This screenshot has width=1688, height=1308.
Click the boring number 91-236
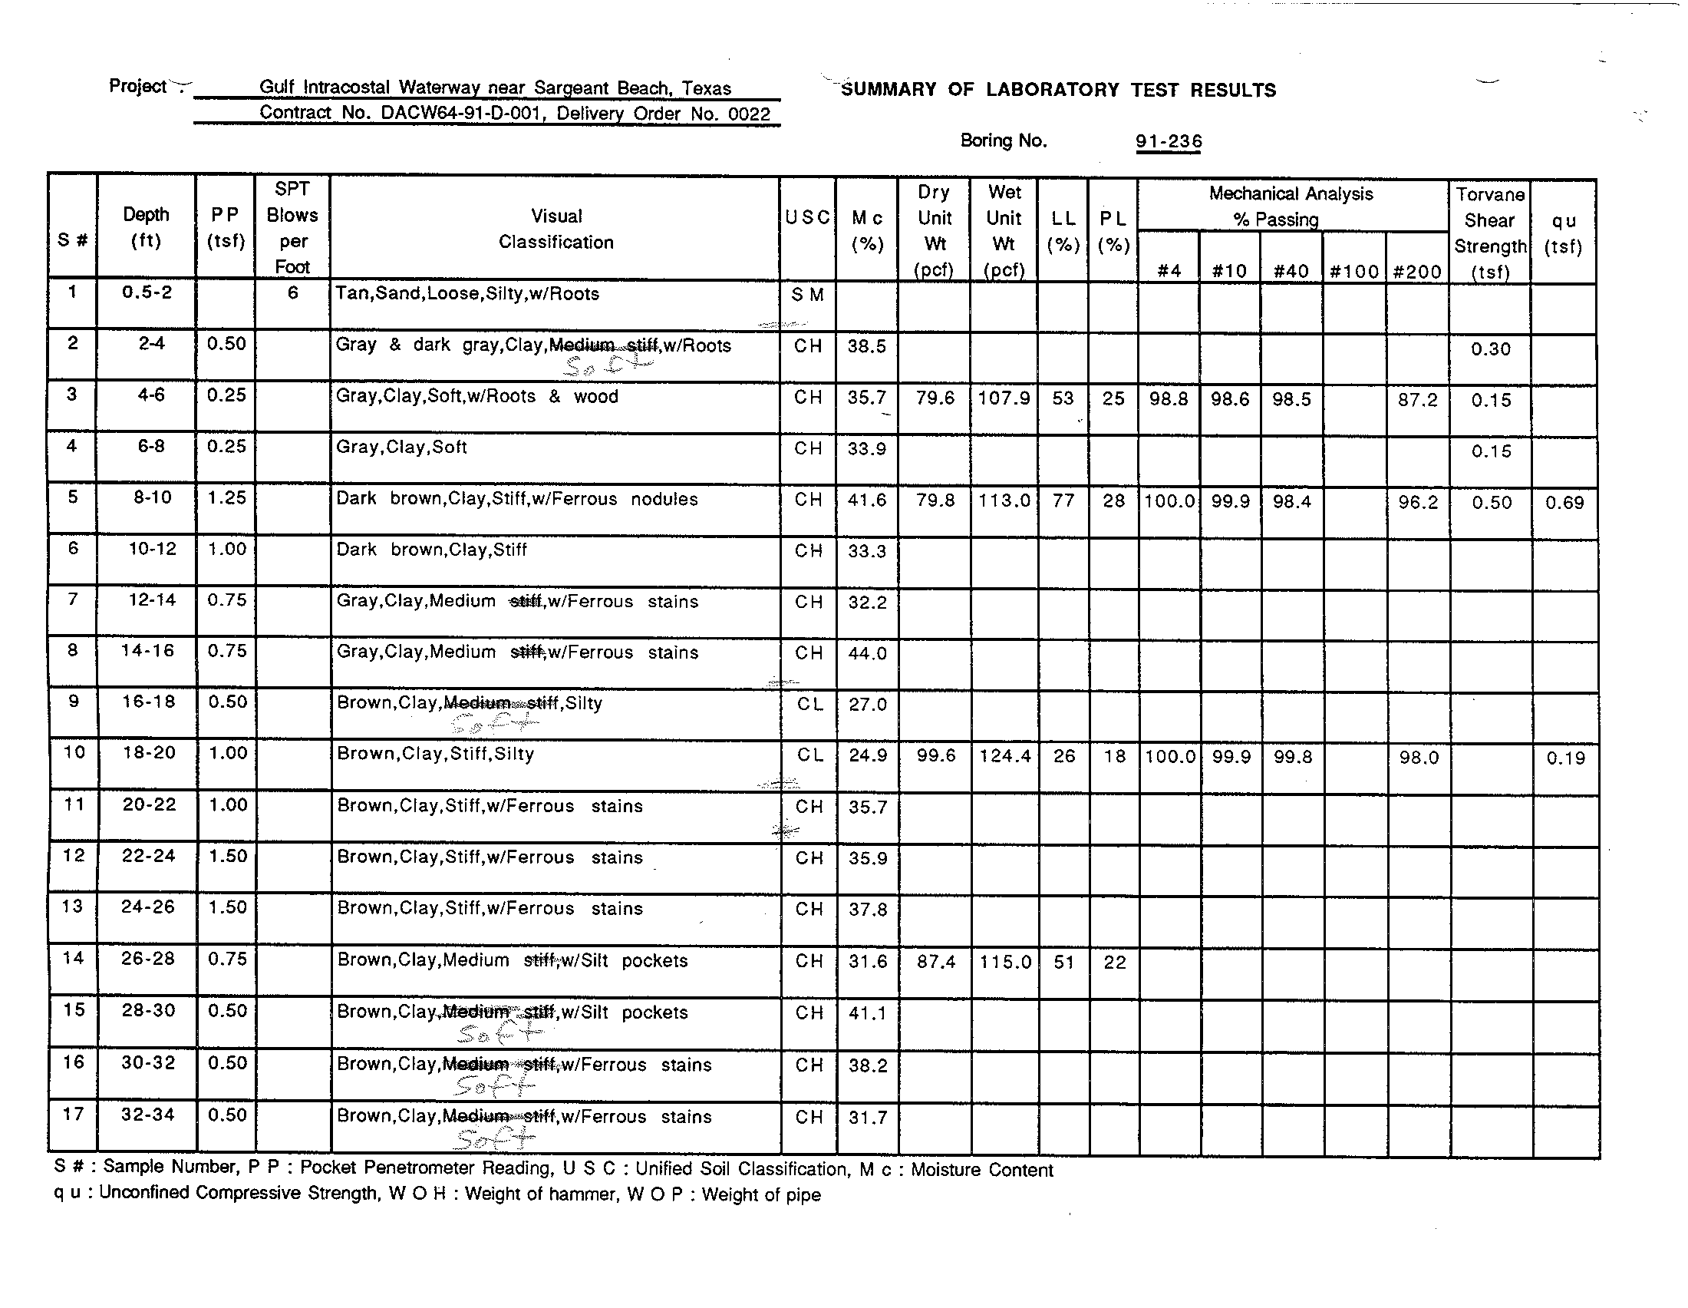click(x=1168, y=141)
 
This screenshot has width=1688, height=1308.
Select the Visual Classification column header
click(x=556, y=229)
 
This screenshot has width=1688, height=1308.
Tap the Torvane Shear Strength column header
click(x=1489, y=232)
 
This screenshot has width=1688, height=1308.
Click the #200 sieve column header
click(x=1416, y=271)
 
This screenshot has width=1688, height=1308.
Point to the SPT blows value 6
click(x=293, y=293)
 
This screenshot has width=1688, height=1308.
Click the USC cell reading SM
click(x=808, y=295)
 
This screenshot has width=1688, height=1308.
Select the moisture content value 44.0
click(x=867, y=653)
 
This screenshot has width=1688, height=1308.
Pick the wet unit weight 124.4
click(x=1005, y=756)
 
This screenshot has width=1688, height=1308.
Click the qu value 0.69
click(x=1564, y=503)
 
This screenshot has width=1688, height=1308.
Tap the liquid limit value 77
click(x=1063, y=501)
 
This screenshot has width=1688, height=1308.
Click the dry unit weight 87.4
click(x=935, y=962)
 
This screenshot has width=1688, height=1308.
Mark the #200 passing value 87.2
click(x=1417, y=401)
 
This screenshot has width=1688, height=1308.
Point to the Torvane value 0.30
click(x=1490, y=349)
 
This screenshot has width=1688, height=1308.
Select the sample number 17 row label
click(x=73, y=1114)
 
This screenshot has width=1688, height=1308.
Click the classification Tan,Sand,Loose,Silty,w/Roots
click(x=467, y=294)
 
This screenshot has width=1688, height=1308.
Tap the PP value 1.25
click(x=226, y=498)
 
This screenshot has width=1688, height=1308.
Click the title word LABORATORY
click(x=1052, y=90)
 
